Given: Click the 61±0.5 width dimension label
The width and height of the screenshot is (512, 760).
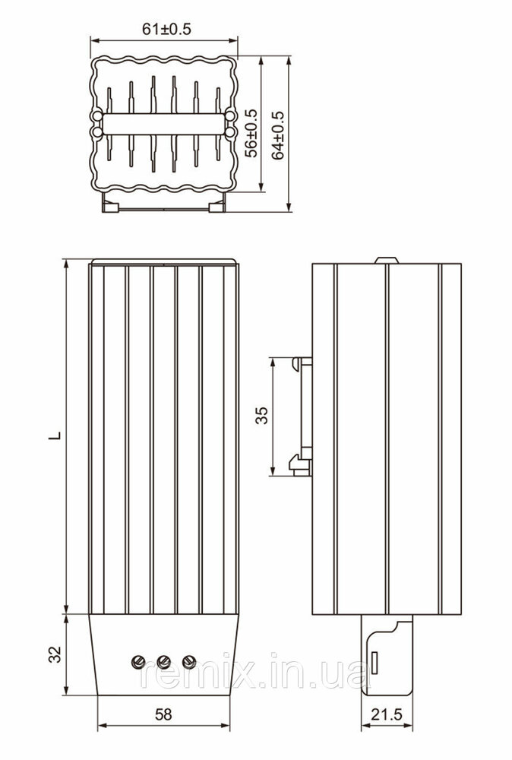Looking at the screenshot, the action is pyautogui.click(x=166, y=29).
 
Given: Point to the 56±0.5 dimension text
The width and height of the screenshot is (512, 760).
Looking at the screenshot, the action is pyautogui.click(x=251, y=133).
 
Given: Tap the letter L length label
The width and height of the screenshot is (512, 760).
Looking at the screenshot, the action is pyautogui.click(x=57, y=435).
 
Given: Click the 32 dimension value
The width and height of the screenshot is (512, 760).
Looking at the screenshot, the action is pyautogui.click(x=57, y=654).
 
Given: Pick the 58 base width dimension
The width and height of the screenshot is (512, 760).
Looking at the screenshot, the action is pyautogui.click(x=163, y=714).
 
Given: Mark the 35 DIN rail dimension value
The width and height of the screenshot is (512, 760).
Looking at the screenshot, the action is pyautogui.click(x=261, y=416).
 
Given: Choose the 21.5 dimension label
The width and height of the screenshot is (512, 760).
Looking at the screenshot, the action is pyautogui.click(x=387, y=714).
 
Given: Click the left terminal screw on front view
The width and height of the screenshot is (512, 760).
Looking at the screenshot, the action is pyautogui.click(x=138, y=660).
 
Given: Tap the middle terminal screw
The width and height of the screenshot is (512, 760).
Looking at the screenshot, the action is pyautogui.click(x=164, y=660).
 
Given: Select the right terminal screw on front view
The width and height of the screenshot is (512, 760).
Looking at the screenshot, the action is pyautogui.click(x=189, y=660).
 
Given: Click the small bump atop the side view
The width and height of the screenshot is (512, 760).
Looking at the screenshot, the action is pyautogui.click(x=387, y=260).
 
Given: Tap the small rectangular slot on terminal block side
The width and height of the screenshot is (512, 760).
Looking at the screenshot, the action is pyautogui.click(x=375, y=662).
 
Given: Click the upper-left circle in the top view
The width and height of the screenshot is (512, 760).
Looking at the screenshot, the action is pyautogui.click(x=97, y=116).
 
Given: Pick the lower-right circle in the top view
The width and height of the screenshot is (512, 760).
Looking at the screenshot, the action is pyautogui.click(x=231, y=131).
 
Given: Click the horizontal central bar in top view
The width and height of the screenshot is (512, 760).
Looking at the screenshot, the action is pyautogui.click(x=164, y=124).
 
